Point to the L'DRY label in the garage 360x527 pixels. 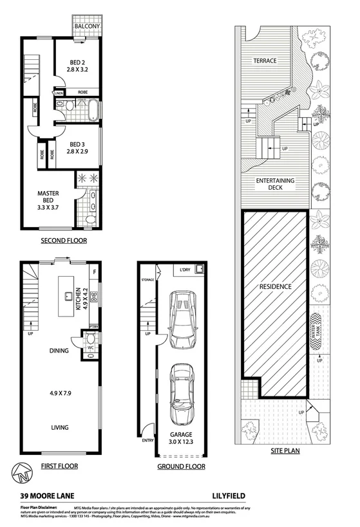coord(187,268)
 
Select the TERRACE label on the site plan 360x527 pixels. coord(264,60)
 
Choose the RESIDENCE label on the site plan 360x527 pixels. coord(275,286)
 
